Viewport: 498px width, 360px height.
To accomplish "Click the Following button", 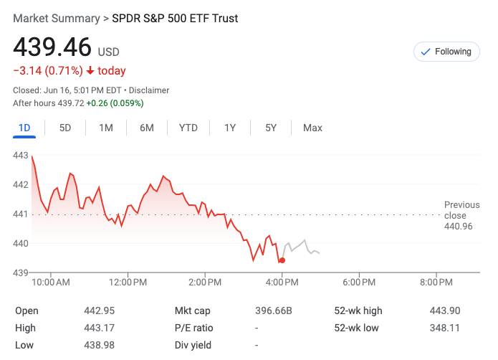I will click(x=446, y=52).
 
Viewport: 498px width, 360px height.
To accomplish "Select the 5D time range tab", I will click(x=65, y=128).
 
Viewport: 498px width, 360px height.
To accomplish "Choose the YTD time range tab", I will click(x=188, y=128).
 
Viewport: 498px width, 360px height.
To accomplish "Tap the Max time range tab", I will click(x=312, y=128).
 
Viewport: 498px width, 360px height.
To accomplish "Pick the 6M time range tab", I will click(x=147, y=128).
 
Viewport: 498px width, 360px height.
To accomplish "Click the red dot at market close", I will click(x=282, y=260).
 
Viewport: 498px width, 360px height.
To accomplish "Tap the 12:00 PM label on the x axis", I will click(x=128, y=283).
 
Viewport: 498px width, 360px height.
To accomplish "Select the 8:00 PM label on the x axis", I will click(x=436, y=283).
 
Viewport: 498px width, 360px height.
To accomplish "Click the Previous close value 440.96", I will click(x=459, y=227).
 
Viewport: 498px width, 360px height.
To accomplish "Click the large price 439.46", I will click(x=52, y=47).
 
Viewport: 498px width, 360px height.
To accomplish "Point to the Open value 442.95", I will click(x=100, y=311).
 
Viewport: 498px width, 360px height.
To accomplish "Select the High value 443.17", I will click(x=100, y=328).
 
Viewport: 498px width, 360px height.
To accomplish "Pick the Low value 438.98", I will click(x=100, y=345).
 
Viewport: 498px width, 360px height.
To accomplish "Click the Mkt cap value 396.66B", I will click(x=274, y=311).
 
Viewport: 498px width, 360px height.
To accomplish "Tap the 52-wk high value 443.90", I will click(x=445, y=311).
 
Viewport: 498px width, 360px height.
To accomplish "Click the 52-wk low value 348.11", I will click(x=445, y=328).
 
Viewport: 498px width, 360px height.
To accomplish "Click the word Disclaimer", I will click(x=150, y=90).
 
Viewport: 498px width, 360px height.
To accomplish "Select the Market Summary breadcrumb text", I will click(x=57, y=18).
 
